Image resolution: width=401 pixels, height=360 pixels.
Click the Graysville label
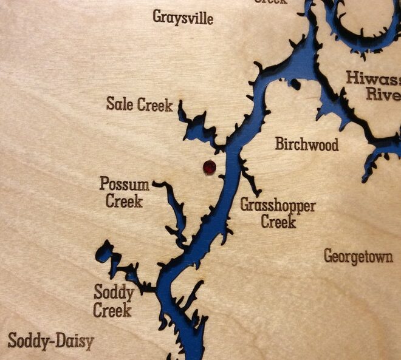(183, 17)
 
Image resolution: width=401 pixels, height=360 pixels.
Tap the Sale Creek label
(139, 104)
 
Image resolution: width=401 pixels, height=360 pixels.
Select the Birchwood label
(307, 144)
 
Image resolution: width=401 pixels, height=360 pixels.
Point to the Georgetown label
(358, 257)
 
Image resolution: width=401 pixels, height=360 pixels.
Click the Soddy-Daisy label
(51, 341)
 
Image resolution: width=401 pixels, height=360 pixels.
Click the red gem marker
(209, 167)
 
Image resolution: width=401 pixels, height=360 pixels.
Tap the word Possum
(125, 184)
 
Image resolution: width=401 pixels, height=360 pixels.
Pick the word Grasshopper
(278, 206)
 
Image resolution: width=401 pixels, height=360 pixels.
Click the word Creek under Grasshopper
(278, 222)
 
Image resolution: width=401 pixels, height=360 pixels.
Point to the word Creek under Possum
(124, 201)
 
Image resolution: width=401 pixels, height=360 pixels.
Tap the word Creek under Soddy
(112, 311)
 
